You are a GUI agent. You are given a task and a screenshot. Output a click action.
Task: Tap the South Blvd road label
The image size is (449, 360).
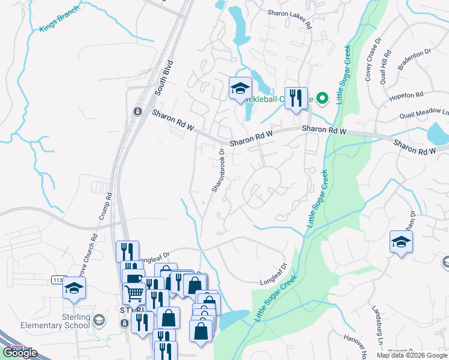pyautogui.click(x=163, y=78)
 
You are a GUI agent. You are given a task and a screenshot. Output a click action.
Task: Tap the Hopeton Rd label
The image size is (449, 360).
pyautogui.click(x=408, y=95)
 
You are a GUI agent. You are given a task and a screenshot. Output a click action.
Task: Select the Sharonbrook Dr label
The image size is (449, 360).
pyautogui.click(x=217, y=170)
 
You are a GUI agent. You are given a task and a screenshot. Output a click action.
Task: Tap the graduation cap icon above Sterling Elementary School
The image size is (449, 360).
pyautogui.click(x=74, y=289)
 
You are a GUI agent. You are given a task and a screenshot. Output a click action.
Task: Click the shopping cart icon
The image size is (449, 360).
pyautogui.click(x=134, y=293)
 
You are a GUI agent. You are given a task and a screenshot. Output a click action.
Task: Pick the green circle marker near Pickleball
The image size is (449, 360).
pyautogui.click(x=322, y=98)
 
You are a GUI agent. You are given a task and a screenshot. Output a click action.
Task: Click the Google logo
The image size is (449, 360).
pyautogui.click(x=20, y=353)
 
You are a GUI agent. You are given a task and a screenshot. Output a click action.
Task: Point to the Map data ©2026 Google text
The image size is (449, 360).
pyautogui.click(x=411, y=355)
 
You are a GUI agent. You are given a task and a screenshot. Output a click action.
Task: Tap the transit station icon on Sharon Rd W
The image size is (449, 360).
pyautogui.click(x=137, y=112)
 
